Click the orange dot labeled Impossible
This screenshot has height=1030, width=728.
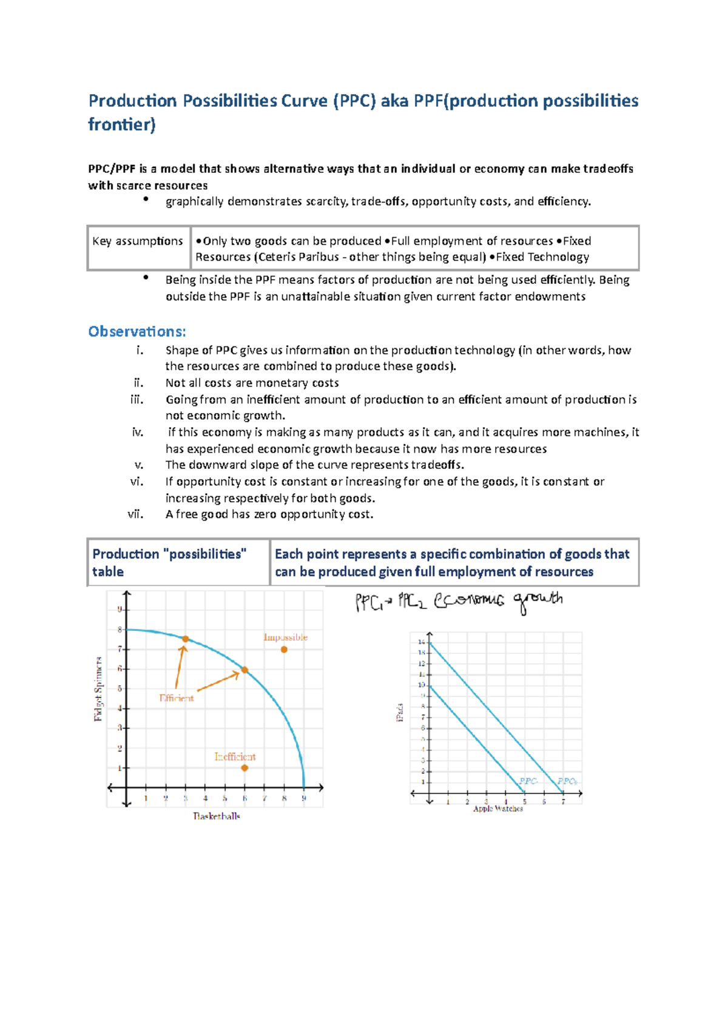tap(284, 650)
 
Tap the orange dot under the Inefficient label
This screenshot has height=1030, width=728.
tap(244, 768)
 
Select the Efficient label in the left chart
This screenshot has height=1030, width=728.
tap(177, 698)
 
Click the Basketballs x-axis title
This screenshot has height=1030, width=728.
tap(217, 816)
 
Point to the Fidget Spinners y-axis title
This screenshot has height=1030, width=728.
tap(98, 688)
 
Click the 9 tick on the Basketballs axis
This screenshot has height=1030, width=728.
tap(304, 798)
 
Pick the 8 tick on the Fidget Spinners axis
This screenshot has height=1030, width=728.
tap(120, 630)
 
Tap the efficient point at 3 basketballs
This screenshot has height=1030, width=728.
tap(186, 639)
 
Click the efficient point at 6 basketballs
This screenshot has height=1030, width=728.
tap(244, 670)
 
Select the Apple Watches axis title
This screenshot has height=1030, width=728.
tap(497, 809)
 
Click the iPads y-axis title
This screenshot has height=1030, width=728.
tap(400, 712)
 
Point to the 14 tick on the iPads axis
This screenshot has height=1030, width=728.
tap(422, 642)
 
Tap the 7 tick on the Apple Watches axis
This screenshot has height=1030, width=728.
tap(563, 802)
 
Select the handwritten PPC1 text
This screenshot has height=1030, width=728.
tap(369, 602)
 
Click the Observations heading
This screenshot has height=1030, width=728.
tap(137, 332)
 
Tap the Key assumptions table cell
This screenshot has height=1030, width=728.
tap(138, 241)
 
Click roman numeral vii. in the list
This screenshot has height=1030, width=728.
tap(135, 514)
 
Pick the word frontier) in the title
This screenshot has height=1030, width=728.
tap(122, 125)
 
